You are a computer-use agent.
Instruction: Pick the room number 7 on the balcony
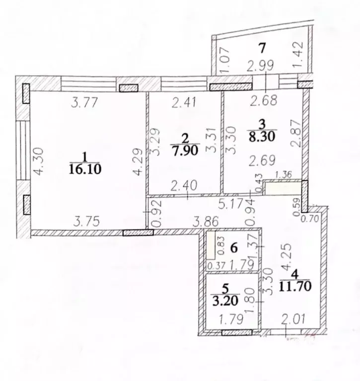click(x=263, y=48)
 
